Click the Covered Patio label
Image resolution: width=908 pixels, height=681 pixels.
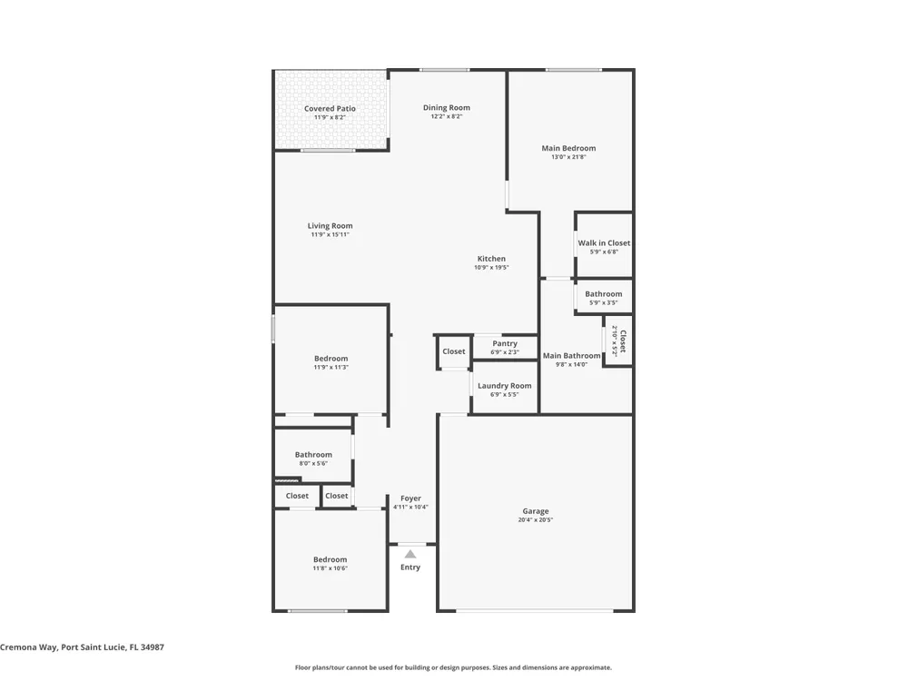click(x=331, y=108)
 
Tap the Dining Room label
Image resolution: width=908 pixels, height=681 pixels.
click(x=447, y=107)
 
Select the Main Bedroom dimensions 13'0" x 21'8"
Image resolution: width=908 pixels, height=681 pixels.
click(x=568, y=157)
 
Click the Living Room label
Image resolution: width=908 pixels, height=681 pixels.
click(x=331, y=226)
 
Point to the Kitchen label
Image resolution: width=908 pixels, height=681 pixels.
click(x=491, y=259)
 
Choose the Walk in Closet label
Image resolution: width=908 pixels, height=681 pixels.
click(x=604, y=243)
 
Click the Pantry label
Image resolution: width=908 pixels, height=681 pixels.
click(x=505, y=343)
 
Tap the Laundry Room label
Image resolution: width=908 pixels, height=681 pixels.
click(x=504, y=386)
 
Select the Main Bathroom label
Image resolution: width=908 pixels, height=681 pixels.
click(x=571, y=356)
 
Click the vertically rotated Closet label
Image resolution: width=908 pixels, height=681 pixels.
click(x=623, y=341)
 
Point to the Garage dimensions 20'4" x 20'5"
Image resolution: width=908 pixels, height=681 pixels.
click(x=536, y=520)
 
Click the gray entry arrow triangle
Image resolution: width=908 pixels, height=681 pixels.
click(x=410, y=554)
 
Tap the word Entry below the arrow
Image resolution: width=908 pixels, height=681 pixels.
click(x=410, y=567)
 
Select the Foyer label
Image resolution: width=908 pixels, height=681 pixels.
click(x=410, y=498)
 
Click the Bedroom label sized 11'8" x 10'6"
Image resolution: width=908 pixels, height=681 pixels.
click(x=331, y=559)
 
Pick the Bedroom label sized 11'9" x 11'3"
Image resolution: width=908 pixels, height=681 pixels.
click(x=331, y=359)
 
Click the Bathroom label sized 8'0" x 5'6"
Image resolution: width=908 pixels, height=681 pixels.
click(x=313, y=455)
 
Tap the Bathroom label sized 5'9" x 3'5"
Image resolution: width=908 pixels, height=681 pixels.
click(x=604, y=293)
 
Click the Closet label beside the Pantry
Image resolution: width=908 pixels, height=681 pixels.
click(x=454, y=351)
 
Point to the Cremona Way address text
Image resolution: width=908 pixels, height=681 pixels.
click(x=83, y=647)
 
